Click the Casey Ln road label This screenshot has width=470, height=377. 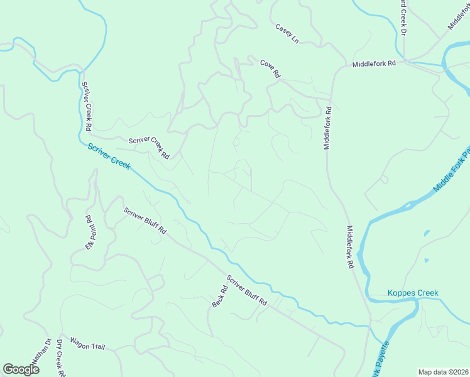[287, 34]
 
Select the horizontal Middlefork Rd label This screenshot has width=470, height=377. [374, 64]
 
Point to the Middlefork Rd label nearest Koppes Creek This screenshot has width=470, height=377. [349, 248]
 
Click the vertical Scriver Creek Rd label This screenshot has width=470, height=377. [87, 106]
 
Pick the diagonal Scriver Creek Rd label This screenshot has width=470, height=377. [149, 148]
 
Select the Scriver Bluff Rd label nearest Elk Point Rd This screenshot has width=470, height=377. [145, 221]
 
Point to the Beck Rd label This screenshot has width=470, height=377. [219, 297]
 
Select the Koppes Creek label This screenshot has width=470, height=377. [413, 293]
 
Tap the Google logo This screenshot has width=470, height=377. [21, 369]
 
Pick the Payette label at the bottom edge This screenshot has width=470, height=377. [382, 358]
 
